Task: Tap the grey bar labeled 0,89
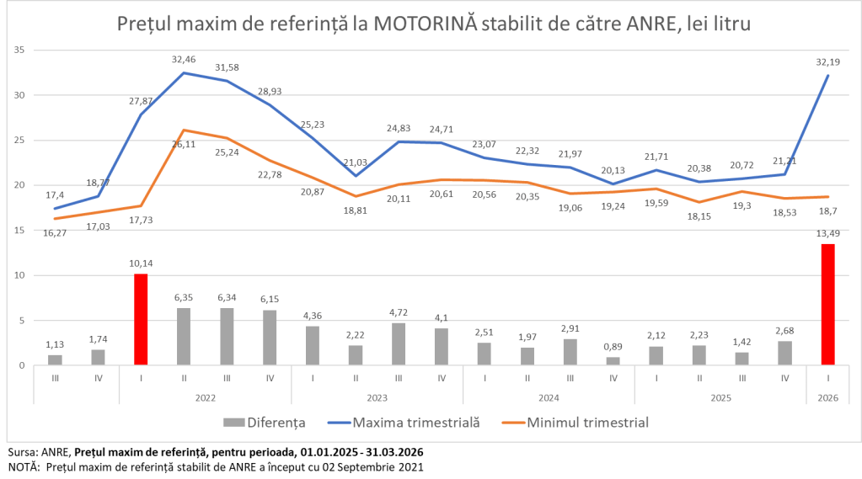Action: coord(613,361)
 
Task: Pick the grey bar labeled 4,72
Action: coord(399,344)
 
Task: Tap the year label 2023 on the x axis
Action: coord(377,396)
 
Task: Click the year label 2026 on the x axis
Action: coord(827,396)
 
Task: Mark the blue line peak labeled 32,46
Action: coord(184,73)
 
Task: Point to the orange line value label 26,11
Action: coord(184,143)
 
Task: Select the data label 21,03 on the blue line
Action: coord(355,162)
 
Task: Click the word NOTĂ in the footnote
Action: coord(24,466)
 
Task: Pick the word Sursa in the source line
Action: coord(22,452)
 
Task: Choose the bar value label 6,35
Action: coord(184,297)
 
